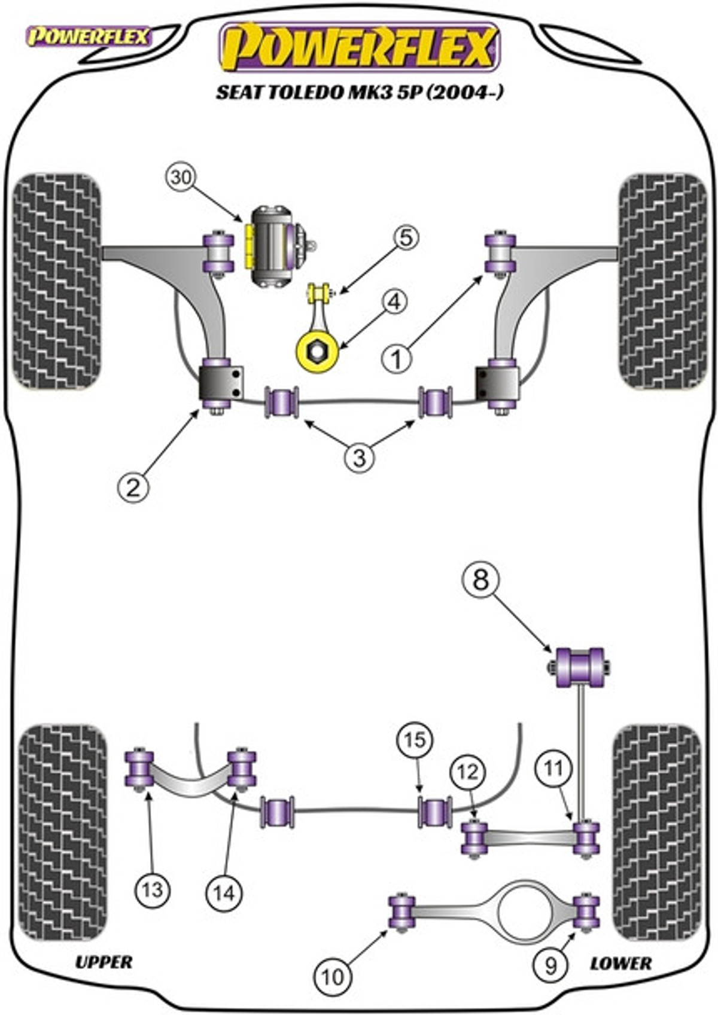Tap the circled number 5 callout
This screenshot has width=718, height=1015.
[405, 238]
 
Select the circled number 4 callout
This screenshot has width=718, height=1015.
[394, 302]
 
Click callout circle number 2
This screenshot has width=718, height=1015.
[133, 487]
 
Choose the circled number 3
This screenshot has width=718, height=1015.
[359, 458]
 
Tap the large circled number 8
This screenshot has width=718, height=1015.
[480, 580]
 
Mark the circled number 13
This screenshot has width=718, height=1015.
[153, 891]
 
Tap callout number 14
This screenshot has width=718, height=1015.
[224, 893]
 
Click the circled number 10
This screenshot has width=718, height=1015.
[333, 977]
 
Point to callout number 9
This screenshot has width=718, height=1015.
[550, 965]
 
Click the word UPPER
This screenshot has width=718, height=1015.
[104, 962]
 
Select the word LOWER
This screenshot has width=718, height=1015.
[620, 964]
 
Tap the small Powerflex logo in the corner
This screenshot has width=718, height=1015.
[89, 37]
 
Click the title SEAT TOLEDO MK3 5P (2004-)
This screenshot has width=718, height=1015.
[360, 93]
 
